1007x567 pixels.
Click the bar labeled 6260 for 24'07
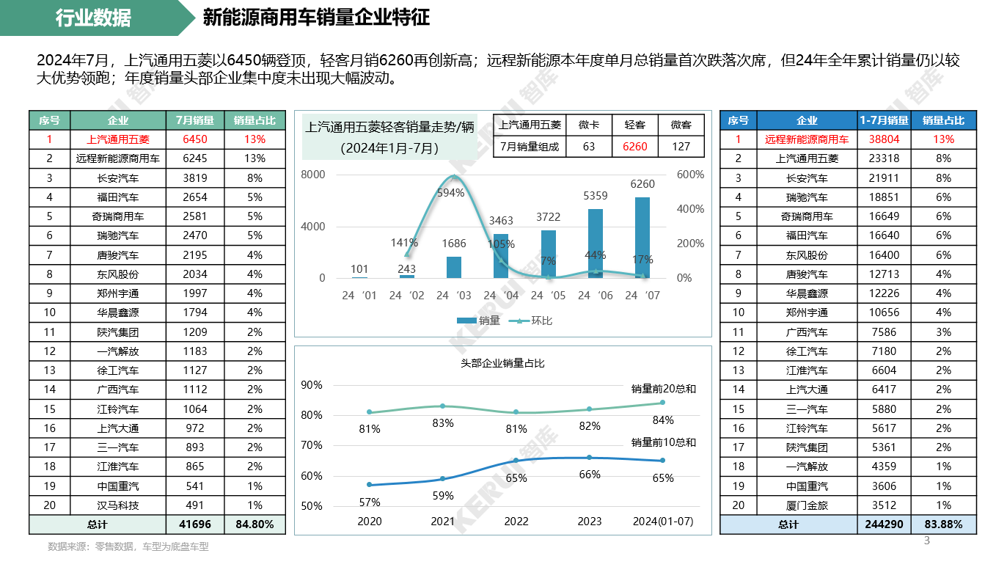(x=642, y=237)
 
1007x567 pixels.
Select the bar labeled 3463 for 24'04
(x=501, y=256)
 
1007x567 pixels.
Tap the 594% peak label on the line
(x=450, y=193)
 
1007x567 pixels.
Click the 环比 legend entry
(x=535, y=321)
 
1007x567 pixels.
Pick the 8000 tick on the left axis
(x=312, y=175)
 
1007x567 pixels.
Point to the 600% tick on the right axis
(x=690, y=175)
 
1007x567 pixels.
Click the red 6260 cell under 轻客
(x=634, y=146)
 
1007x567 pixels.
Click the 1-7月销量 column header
(x=883, y=120)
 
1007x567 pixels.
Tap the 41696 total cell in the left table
(x=191, y=524)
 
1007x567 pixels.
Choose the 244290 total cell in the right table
(x=883, y=524)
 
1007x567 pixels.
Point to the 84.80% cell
(x=255, y=524)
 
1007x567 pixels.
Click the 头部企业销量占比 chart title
(x=502, y=363)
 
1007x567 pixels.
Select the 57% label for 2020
(x=370, y=502)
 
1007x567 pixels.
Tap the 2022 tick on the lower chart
(x=516, y=522)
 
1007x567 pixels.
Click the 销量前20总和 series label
(x=663, y=389)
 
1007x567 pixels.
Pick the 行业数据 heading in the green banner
(x=93, y=18)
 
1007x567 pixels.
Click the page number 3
(x=926, y=541)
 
